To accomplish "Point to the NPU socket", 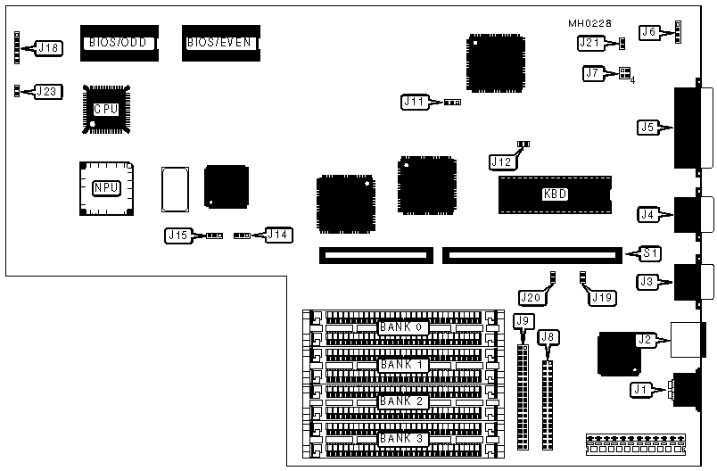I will tap(106, 188).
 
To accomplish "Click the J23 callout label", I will tap(47, 91).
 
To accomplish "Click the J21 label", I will tap(589, 42).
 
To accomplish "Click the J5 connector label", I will tap(649, 128).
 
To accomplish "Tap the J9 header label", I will tap(523, 321).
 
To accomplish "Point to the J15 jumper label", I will tap(178, 235).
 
